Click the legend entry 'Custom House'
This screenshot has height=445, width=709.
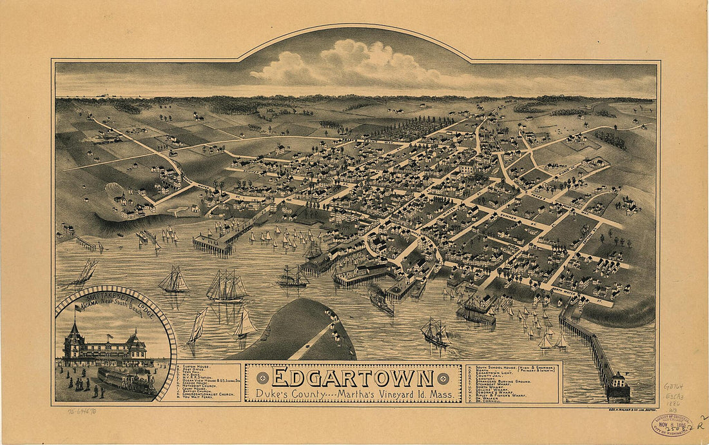tap(197, 366)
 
